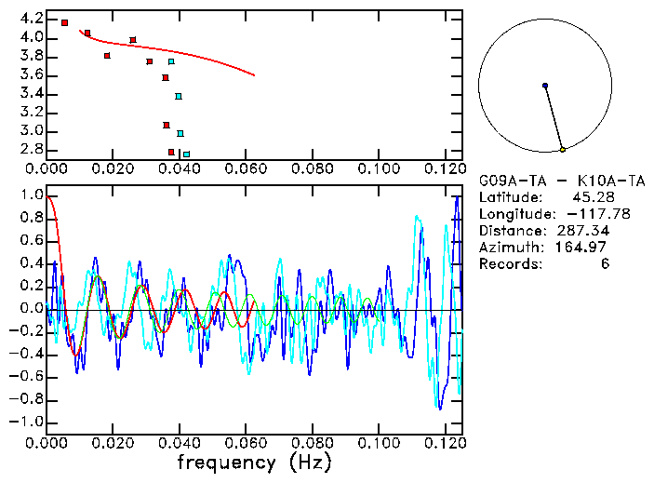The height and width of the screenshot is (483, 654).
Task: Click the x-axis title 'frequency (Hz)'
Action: [254, 463]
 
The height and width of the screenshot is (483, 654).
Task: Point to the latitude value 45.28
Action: [592, 197]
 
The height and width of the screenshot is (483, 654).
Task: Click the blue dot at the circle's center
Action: [545, 86]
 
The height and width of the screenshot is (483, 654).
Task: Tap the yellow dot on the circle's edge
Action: [562, 149]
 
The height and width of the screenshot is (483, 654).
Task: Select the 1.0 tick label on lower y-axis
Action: [31, 195]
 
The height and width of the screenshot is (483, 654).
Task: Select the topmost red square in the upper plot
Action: [64, 22]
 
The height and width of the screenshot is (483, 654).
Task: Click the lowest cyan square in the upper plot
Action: [186, 154]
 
